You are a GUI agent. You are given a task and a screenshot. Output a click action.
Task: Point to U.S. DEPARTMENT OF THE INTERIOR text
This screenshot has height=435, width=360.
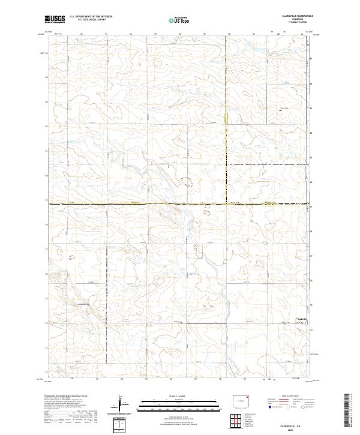pyautogui.click(x=91, y=17)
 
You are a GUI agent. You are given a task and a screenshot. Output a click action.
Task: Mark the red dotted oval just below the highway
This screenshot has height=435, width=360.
pyautogui.click(x=208, y=211)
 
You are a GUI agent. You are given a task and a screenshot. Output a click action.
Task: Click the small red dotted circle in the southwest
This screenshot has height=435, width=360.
pyautogui.click(x=73, y=257)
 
